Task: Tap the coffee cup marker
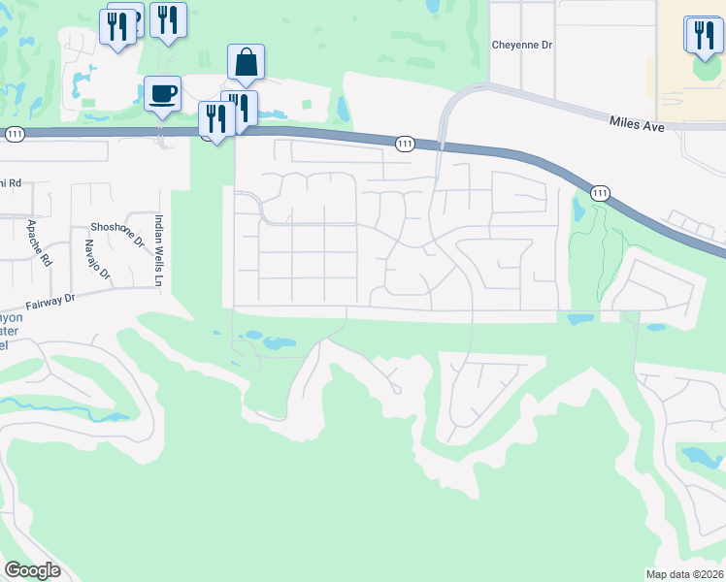click(162, 94)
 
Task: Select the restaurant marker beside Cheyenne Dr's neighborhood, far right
click(704, 35)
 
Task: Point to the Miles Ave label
click(636, 121)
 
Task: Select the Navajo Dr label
click(94, 259)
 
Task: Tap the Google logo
click(32, 569)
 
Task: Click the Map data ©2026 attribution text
click(685, 574)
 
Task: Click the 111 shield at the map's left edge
click(14, 136)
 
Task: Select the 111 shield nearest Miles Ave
click(602, 193)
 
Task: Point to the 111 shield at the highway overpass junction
click(406, 144)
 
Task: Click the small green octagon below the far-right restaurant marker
click(701, 71)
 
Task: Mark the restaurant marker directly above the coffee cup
click(169, 20)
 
